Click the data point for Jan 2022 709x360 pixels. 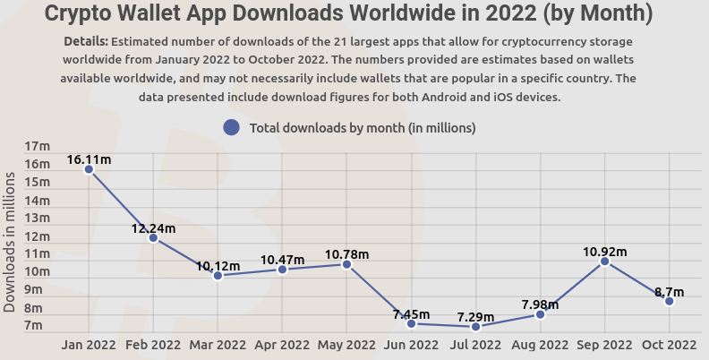coord(89,168)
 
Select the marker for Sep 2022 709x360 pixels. coord(605,261)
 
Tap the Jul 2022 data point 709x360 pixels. coord(476,327)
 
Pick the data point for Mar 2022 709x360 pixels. coord(218,276)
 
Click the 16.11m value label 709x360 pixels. coord(89,159)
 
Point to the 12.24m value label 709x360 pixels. coord(153,228)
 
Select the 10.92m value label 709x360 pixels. coord(605,251)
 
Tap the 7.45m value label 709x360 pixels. coord(412,314)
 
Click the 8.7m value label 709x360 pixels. coord(669,292)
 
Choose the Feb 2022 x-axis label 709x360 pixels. coord(153,344)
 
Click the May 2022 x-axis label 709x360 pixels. coord(346,344)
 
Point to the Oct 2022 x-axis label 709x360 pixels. coord(669,344)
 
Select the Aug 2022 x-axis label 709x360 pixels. coord(540,344)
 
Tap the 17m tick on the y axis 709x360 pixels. coord(38,147)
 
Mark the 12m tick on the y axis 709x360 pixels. coord(38,236)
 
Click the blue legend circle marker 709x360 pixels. coord(231,128)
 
